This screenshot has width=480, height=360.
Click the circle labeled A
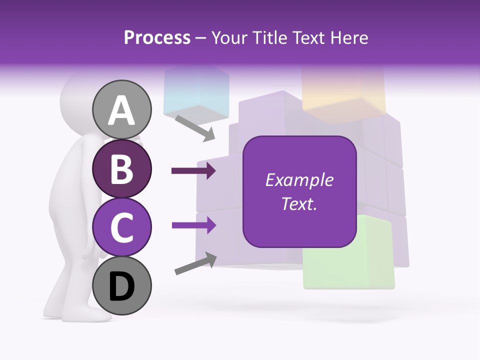[122, 109]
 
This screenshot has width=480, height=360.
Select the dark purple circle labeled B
[122, 168]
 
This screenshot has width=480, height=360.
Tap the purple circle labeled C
[122, 226]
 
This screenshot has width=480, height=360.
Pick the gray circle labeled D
[122, 285]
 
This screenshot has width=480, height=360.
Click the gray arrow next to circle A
[195, 128]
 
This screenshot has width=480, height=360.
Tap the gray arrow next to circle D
[195, 263]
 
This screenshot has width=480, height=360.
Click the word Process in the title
[157, 38]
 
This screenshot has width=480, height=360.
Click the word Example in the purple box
[299, 180]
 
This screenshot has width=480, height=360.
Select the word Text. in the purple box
[299, 203]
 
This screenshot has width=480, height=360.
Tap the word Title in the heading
[270, 38]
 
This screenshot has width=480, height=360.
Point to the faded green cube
[350, 255]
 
